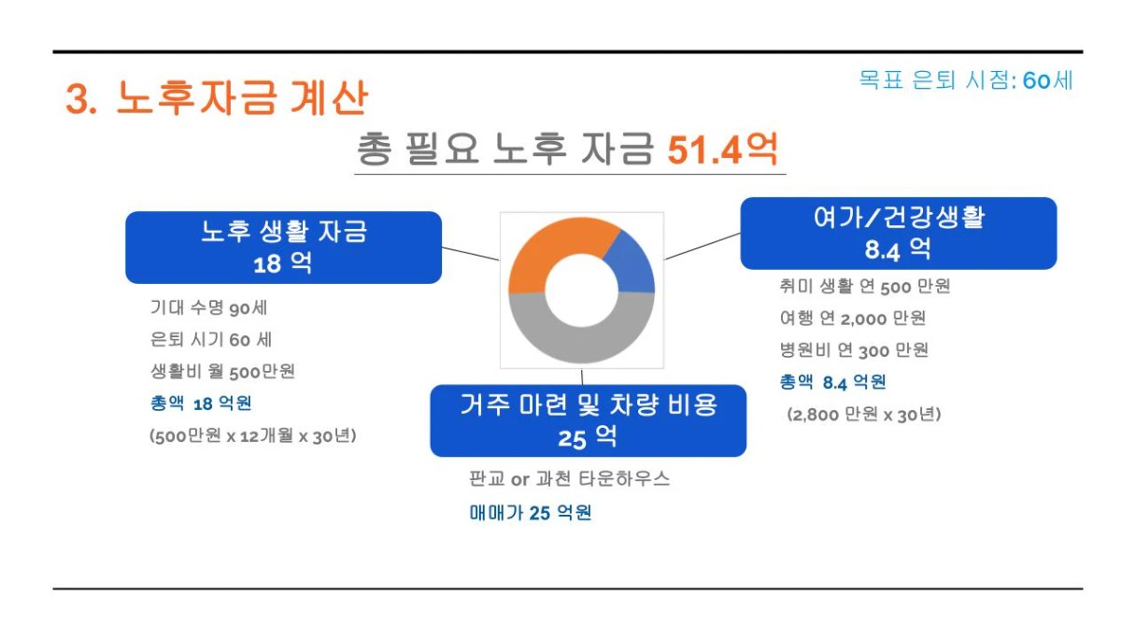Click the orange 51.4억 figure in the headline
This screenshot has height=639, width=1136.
coord(722,150)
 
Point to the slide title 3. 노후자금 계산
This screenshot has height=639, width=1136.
coord(217,98)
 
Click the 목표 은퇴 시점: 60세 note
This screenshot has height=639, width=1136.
coord(966,80)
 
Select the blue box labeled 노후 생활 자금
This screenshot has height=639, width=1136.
coord(283,248)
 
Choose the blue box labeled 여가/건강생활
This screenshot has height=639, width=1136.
coord(898,234)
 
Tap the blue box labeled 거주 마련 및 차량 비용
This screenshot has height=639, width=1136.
coord(589,420)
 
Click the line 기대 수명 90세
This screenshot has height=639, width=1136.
coord(208,307)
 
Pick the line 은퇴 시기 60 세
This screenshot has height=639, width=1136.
coord(211,339)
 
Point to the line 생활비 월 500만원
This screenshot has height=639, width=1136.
coord(222,371)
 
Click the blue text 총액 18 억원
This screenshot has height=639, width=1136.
coord(201,404)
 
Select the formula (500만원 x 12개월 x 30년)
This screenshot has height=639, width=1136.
coord(252,435)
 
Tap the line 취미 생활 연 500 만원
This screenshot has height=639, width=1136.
coord(865,286)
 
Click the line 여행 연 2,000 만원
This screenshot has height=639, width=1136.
coord(853,318)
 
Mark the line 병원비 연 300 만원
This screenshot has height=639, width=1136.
coord(854,350)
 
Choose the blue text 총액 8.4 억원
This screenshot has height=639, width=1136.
coord(832,382)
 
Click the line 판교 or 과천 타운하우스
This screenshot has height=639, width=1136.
coord(570,478)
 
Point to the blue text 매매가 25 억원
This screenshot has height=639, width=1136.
coord(531,513)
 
